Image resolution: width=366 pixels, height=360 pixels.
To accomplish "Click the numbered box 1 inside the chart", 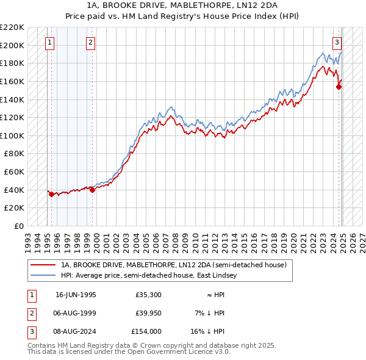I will [49, 43].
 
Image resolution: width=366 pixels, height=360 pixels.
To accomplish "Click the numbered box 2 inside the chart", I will [90, 43].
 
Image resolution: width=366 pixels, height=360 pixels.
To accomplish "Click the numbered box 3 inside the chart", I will [337, 43].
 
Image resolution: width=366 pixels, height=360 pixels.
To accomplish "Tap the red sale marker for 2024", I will [339, 87].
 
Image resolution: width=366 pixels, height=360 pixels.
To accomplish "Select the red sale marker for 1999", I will [92, 190].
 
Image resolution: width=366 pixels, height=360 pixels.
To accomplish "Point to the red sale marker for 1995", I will [51, 194].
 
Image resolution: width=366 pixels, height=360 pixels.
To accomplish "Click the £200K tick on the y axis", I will [12, 45].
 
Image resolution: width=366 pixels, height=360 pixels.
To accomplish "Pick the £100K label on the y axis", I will [12, 135].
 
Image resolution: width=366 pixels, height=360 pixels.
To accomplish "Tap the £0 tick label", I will [18, 226].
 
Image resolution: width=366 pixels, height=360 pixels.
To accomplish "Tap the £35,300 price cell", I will [148, 295].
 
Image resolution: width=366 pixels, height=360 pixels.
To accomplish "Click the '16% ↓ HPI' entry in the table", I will [208, 331].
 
